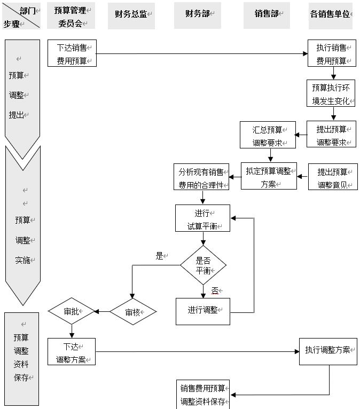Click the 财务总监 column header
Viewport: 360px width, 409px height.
131,14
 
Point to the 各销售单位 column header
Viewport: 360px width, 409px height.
331,14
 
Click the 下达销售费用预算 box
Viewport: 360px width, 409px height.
72,53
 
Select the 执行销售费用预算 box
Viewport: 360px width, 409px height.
332,53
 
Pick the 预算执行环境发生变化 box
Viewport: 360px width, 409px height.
331,93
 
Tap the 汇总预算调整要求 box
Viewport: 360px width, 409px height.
268,135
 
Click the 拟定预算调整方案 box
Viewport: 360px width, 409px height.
269,176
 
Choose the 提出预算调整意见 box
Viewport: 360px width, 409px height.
333,177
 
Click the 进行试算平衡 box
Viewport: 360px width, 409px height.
203,218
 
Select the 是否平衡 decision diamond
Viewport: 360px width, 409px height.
203,265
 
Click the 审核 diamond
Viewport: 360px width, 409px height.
133,312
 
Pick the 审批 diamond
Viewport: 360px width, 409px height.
72,311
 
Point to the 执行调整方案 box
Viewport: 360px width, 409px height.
328,351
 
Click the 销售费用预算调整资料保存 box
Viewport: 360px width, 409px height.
203,395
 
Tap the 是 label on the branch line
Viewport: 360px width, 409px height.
159,256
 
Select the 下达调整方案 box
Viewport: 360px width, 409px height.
72,352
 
